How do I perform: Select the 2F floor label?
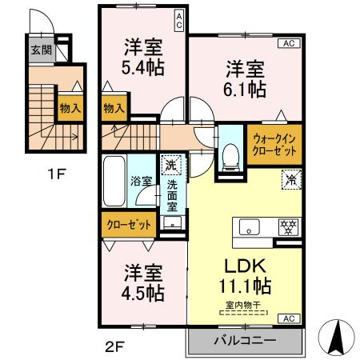pos(117,347)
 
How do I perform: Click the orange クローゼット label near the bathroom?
pos(130,225)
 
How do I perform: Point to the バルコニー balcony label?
pos(244,341)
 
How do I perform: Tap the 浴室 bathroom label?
pos(141,181)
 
